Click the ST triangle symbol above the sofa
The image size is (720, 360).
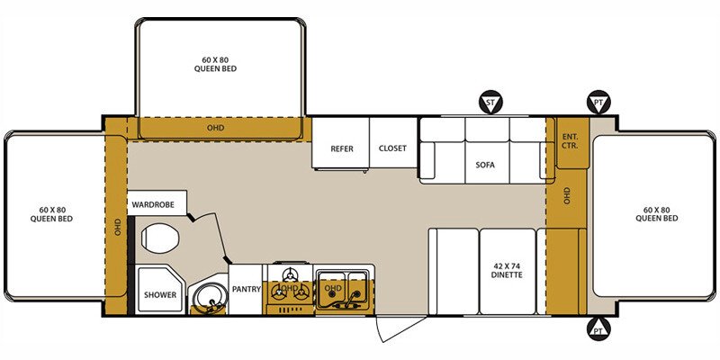coord(490,102)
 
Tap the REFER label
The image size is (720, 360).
coord(342,148)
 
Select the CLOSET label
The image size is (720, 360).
coord(392,148)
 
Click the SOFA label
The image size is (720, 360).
coord(485,165)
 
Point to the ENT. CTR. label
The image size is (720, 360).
coord(570,141)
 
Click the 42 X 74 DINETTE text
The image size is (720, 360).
coord(508,271)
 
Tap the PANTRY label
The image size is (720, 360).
coord(246,289)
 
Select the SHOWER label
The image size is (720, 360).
coord(160,295)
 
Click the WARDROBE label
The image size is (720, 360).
coord(153,205)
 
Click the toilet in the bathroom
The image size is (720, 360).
coord(159,238)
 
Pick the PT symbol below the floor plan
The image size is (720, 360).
coord(598,328)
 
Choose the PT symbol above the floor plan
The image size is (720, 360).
coord(598,102)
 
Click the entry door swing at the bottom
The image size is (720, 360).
coord(400,328)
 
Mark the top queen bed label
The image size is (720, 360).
coord(215,64)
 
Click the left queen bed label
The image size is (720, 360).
coord(51,214)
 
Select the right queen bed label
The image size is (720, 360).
coord(657,214)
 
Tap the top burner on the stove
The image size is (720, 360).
coord(290,275)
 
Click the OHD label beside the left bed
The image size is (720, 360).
coord(118,227)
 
